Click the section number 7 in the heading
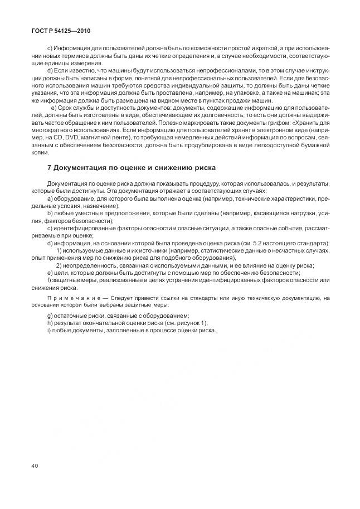(50, 167)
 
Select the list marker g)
(51, 316)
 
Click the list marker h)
(51, 323)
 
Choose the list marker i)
(50, 331)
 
